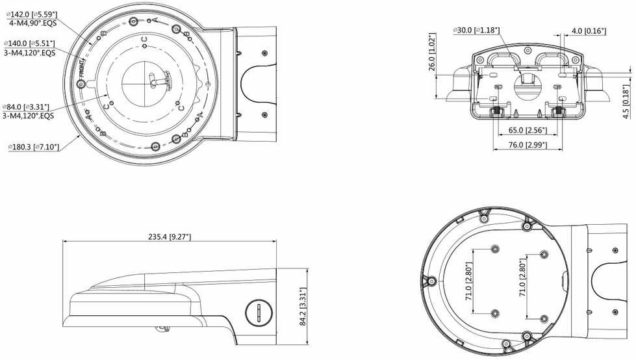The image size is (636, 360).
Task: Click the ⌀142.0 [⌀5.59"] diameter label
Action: (x=32, y=14)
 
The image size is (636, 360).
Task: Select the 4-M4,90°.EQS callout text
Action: (x=33, y=23)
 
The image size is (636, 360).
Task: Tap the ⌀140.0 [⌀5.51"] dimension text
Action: (x=29, y=44)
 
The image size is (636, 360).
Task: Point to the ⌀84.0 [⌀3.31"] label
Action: (x=26, y=107)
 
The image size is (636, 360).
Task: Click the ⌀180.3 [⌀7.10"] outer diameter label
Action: (x=34, y=147)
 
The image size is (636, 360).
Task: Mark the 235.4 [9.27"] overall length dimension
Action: (x=169, y=237)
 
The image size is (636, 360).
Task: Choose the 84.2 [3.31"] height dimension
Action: (x=303, y=307)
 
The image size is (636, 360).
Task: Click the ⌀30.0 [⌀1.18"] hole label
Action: (x=477, y=31)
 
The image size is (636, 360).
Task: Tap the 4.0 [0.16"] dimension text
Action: (x=589, y=31)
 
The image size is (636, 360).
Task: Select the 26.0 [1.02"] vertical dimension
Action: (x=433, y=52)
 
